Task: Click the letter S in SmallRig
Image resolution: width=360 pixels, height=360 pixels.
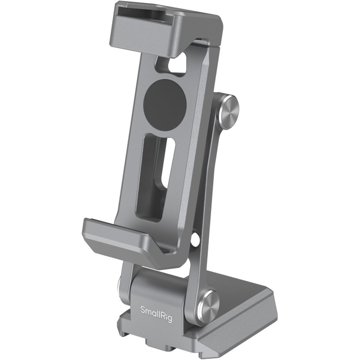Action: [x=141, y=309]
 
